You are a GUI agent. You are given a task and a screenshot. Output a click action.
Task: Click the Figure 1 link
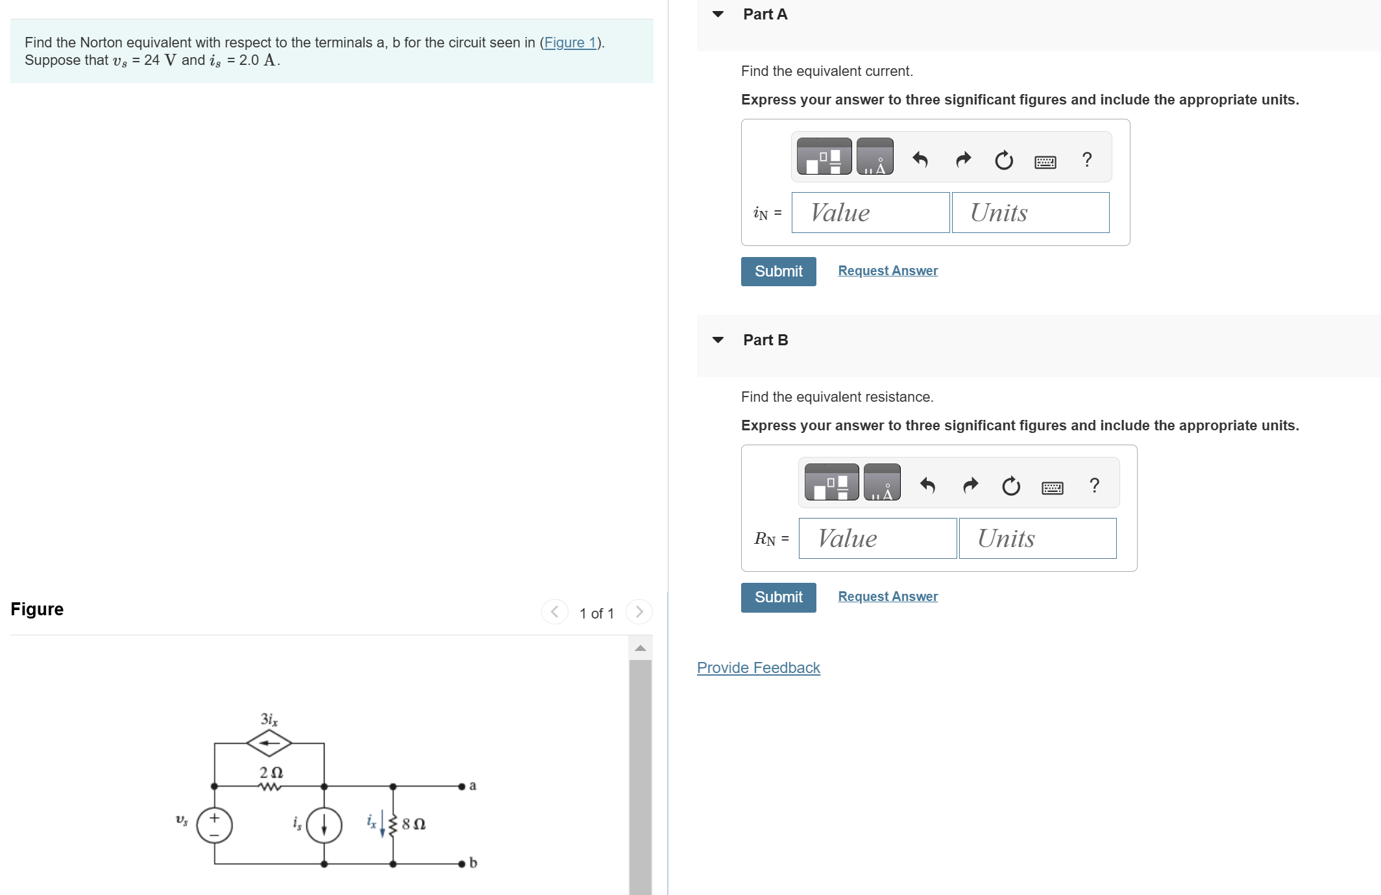coord(570,43)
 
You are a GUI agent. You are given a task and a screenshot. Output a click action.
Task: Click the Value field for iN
coord(870,213)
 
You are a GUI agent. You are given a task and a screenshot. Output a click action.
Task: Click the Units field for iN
coord(1030,213)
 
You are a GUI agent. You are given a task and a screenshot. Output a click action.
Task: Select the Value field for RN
coord(877,539)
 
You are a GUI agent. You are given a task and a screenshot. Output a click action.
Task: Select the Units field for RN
coord(1037,539)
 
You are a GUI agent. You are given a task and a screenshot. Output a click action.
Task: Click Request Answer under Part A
coord(887,271)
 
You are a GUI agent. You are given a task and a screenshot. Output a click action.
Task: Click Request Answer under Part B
coord(887,596)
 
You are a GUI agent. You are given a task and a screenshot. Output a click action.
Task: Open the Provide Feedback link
coord(758,668)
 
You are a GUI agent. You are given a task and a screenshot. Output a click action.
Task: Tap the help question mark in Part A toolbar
coord(1087,159)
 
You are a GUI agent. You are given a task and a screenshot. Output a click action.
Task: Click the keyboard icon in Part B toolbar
coord(1052,487)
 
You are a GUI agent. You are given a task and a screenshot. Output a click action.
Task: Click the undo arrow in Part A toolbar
coord(920,159)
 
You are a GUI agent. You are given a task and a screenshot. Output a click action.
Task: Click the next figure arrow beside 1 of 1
coord(639,612)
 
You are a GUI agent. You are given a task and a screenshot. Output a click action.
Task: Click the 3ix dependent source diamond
coord(269,743)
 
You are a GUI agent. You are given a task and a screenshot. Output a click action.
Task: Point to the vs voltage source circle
coord(214,825)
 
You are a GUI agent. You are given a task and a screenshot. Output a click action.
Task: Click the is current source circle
coord(324,825)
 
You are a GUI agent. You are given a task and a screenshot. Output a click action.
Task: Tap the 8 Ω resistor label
coord(413,824)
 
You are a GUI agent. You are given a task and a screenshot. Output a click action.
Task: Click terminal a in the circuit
coord(462,786)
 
